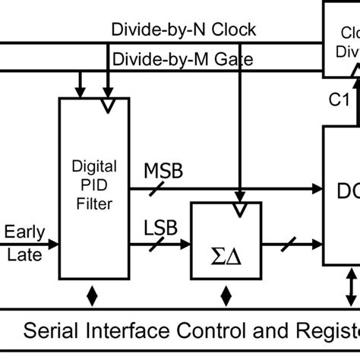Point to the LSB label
point(161,226)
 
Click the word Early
point(24,232)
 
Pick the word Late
point(24,254)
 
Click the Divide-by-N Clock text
point(184,30)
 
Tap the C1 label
point(339,99)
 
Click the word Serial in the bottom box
point(58,331)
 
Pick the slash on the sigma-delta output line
point(288,245)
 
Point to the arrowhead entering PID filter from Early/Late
point(53,244)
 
